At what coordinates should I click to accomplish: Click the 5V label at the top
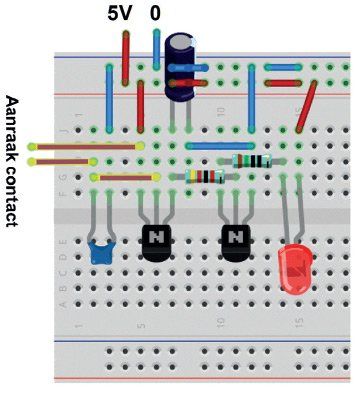[x=120, y=14]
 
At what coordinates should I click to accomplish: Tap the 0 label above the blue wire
[x=155, y=14]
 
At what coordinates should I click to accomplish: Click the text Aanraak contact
[x=12, y=161]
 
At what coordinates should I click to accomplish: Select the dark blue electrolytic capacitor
[x=181, y=66]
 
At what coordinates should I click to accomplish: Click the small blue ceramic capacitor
[x=102, y=253]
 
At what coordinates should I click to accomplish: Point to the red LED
[x=295, y=268]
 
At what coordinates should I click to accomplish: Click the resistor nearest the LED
[x=252, y=161]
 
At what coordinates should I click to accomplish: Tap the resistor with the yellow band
[x=205, y=177]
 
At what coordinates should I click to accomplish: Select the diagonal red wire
[x=307, y=106]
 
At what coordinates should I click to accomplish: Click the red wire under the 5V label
[x=126, y=58]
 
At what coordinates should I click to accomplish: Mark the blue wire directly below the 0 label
[x=156, y=49]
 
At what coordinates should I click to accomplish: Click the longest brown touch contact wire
[x=86, y=146]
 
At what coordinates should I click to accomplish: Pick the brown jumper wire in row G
[x=126, y=178]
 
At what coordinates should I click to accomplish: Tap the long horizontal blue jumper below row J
[x=220, y=146]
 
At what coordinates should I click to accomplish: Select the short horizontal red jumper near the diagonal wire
[x=283, y=83]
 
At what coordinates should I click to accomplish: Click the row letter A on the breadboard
[x=63, y=304]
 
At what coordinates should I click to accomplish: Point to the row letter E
[x=64, y=241]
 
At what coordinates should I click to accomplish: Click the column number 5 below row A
[x=141, y=324]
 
